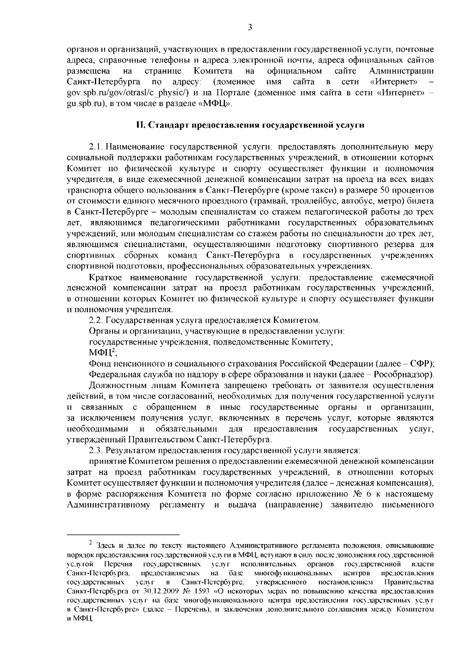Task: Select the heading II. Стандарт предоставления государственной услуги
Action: (250, 125)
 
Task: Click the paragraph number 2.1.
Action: (96, 147)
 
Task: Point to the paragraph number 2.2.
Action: (96, 320)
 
